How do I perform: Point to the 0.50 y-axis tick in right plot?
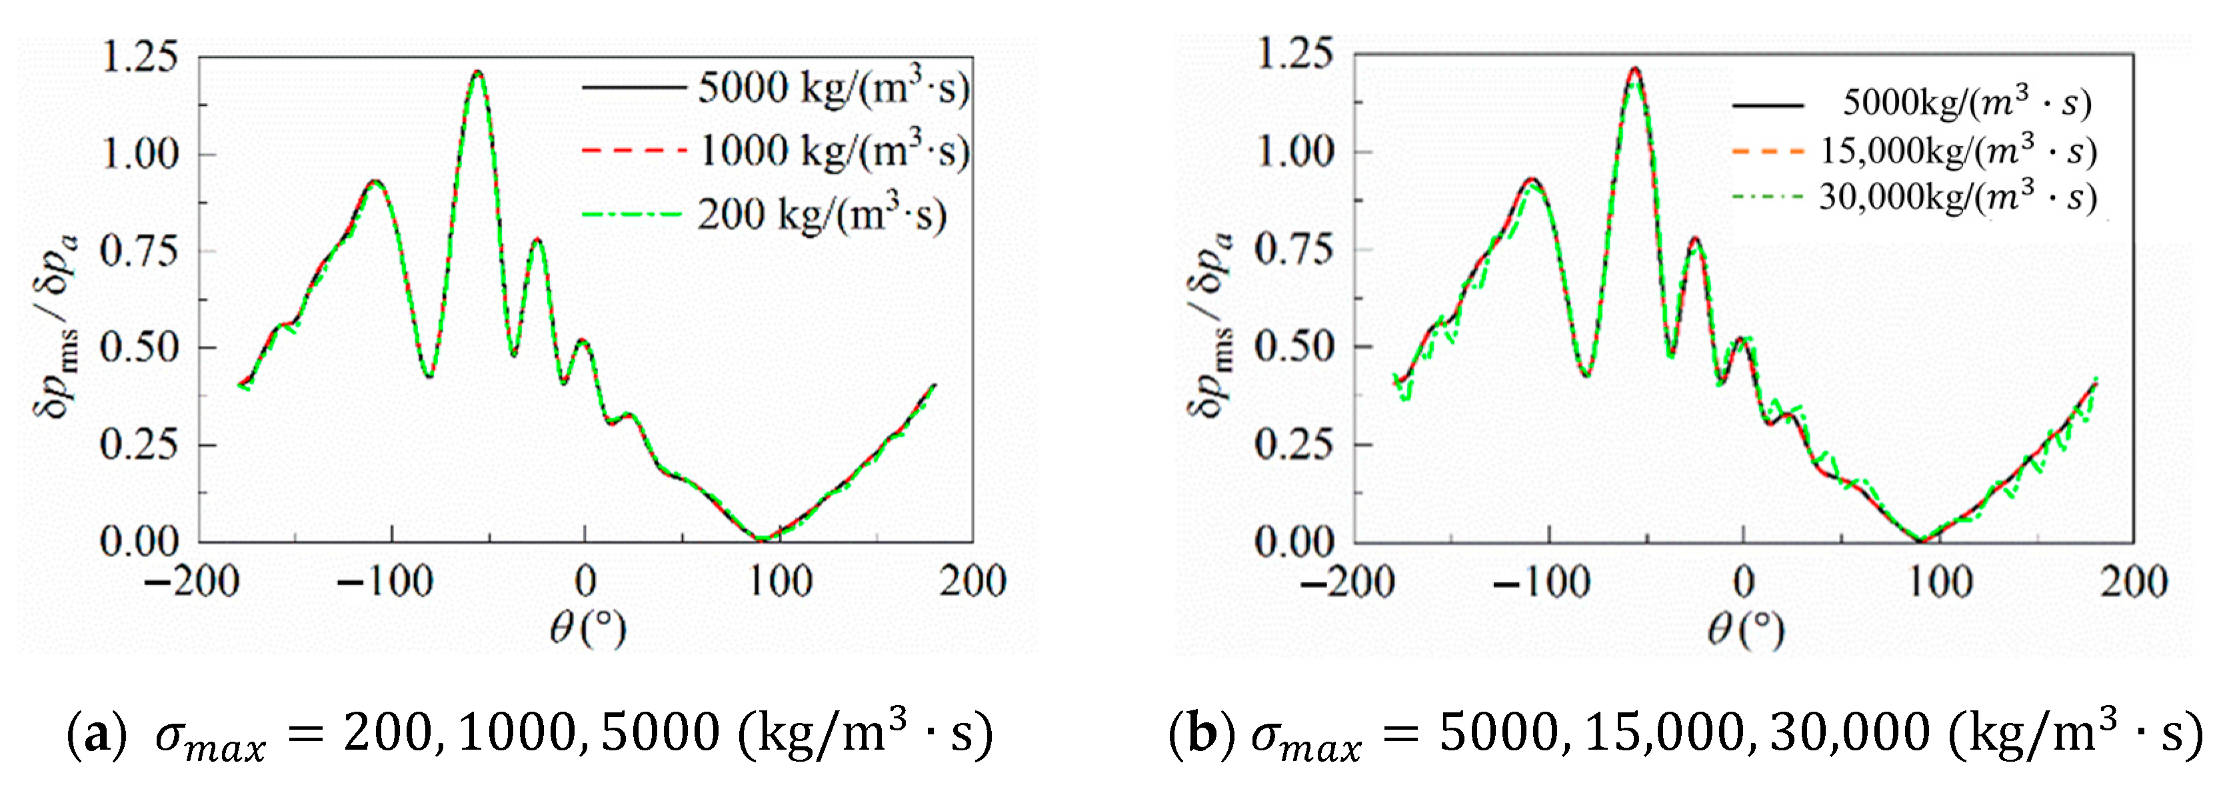[1293, 347]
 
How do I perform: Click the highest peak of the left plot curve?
[478, 73]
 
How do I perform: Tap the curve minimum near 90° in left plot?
[762, 539]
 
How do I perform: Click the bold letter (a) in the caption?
[89, 734]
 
